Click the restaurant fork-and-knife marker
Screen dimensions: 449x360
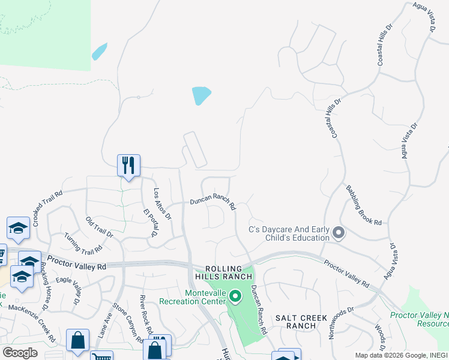128,165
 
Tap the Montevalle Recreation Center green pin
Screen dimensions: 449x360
236,296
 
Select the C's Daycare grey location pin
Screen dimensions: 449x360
338,232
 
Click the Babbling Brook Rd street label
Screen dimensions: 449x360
363,205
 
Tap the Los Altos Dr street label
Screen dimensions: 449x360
162,203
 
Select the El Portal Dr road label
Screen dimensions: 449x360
149,222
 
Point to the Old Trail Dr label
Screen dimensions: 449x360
99,227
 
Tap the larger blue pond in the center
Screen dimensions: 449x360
201,95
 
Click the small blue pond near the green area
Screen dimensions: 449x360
99,52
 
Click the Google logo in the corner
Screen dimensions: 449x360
20,353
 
